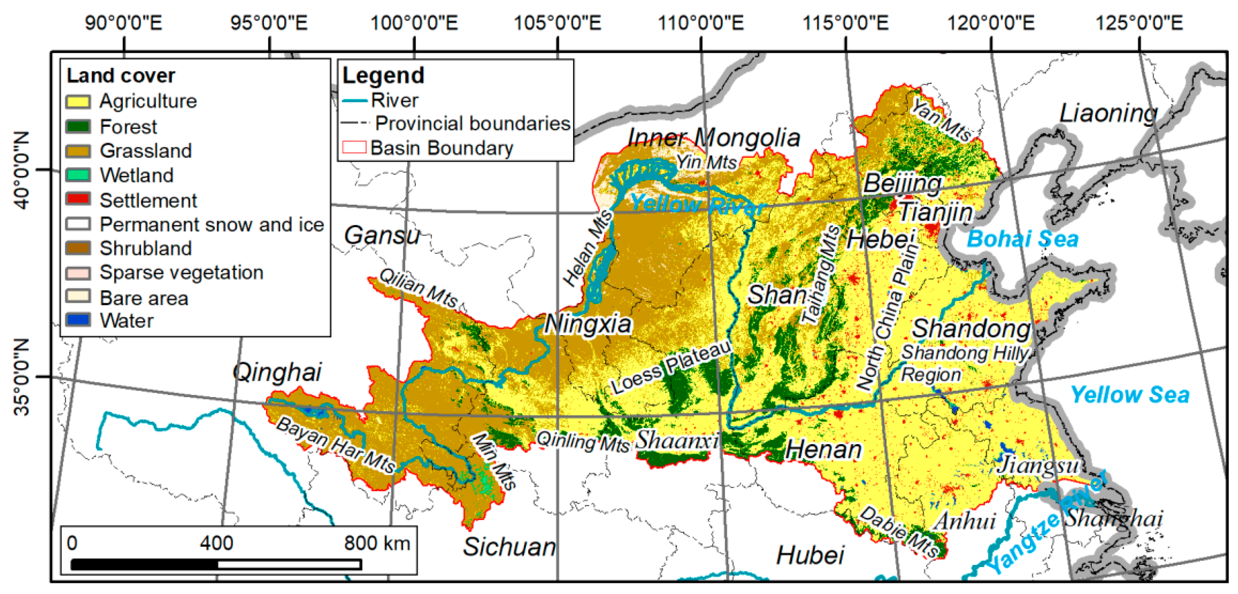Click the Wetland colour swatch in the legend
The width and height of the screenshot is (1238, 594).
(78, 175)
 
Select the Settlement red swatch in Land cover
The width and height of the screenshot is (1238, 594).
(78, 199)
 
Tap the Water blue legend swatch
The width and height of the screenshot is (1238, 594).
(78, 320)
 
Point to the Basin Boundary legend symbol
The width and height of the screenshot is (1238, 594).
(354, 148)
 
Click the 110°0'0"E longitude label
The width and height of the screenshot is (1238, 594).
(700, 23)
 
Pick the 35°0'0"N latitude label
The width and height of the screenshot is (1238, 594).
(22, 377)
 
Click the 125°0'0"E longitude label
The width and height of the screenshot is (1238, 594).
(1139, 23)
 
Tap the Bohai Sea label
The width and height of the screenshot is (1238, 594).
(1022, 239)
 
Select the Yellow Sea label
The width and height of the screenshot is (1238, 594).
(1129, 395)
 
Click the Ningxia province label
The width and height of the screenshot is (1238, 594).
(587, 324)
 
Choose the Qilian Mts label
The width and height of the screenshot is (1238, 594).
(418, 288)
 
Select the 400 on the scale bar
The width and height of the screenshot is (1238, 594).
(216, 543)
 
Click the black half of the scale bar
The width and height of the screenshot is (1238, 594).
(144, 564)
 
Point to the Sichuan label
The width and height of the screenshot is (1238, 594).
(509, 547)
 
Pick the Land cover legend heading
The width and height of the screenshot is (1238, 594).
(121, 75)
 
